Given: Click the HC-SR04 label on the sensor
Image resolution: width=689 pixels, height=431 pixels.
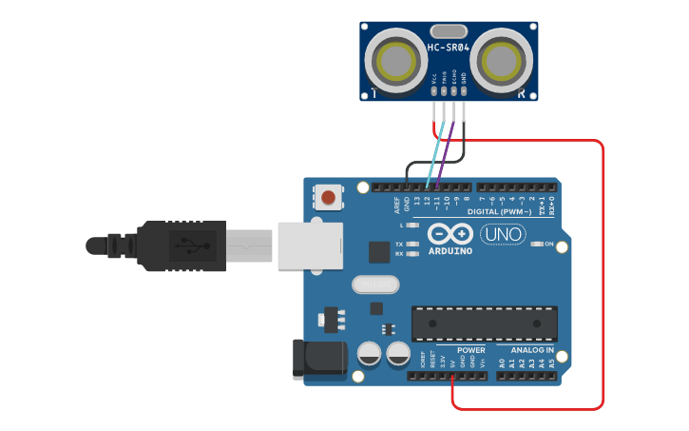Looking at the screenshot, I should [x=449, y=48].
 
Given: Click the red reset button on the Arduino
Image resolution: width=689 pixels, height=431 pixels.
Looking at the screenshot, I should [x=328, y=198].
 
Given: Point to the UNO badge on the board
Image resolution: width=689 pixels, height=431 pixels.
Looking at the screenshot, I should [x=503, y=234].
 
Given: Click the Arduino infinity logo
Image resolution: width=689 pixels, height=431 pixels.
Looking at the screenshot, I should [x=450, y=233].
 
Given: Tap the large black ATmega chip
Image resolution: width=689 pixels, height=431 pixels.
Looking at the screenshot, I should [x=484, y=323].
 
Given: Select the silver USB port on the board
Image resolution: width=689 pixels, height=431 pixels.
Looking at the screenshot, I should [x=310, y=245].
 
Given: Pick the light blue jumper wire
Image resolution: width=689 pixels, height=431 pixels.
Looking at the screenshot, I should [x=436, y=152].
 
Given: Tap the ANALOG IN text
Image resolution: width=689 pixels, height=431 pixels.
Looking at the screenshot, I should [x=531, y=350].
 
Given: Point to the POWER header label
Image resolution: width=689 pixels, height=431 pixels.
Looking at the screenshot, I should [x=470, y=350].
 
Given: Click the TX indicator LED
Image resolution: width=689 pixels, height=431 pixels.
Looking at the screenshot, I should [x=411, y=245].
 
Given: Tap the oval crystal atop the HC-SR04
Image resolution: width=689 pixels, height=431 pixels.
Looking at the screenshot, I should [x=449, y=31].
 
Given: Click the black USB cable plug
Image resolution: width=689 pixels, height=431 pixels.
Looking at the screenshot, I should [x=181, y=245].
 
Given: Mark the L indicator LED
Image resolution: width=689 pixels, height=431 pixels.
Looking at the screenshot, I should [x=411, y=225].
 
